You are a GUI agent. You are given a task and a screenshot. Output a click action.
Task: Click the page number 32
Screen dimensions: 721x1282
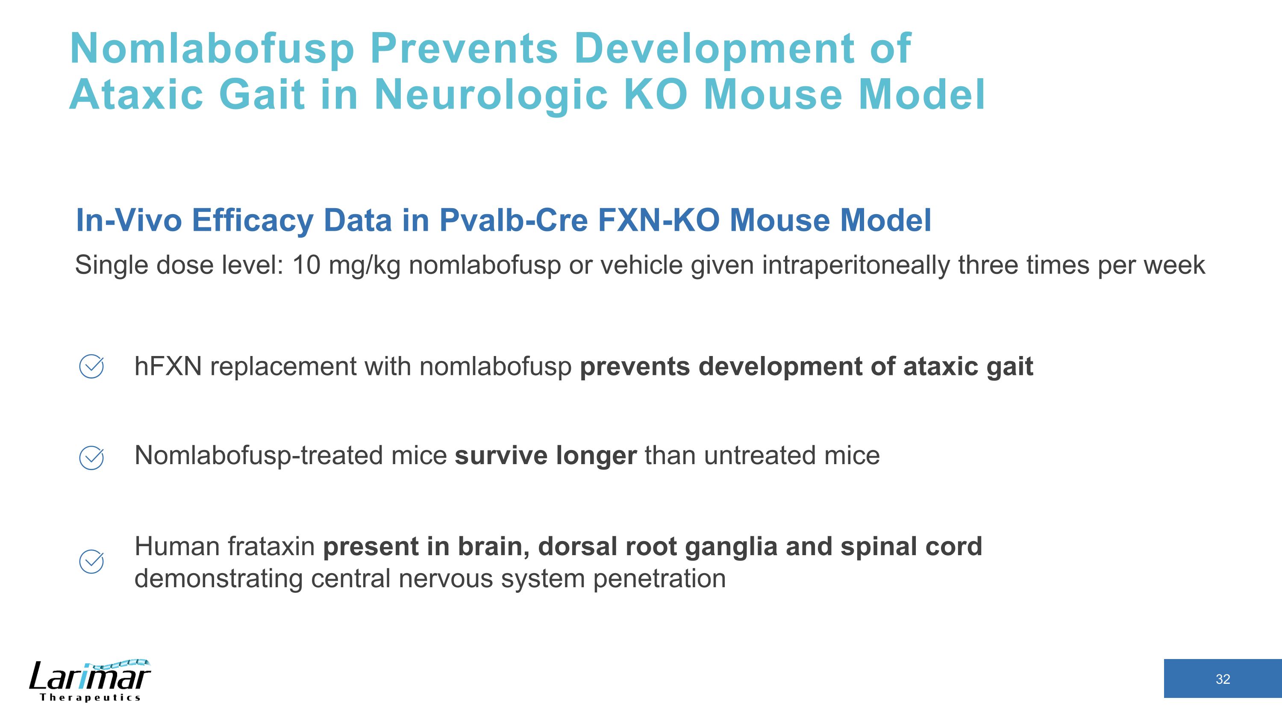1222,679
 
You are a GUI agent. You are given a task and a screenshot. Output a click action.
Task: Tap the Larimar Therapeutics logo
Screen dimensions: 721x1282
90,680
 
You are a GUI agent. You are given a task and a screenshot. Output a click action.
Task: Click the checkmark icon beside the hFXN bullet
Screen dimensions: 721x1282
91,367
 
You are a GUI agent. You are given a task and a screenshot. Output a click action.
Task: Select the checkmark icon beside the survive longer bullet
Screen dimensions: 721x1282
91,458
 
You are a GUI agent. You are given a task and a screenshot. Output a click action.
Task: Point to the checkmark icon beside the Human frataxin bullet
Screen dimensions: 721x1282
91,562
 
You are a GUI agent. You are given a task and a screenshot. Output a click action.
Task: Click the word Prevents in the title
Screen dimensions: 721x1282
464,49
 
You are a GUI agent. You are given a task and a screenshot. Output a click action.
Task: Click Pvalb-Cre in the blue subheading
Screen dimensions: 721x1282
513,220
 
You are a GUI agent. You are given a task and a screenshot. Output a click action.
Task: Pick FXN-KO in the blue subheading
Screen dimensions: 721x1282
658,220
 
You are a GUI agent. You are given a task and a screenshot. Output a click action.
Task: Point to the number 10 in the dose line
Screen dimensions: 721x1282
306,265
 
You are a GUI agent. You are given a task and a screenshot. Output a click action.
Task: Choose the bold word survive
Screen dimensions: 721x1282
500,456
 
